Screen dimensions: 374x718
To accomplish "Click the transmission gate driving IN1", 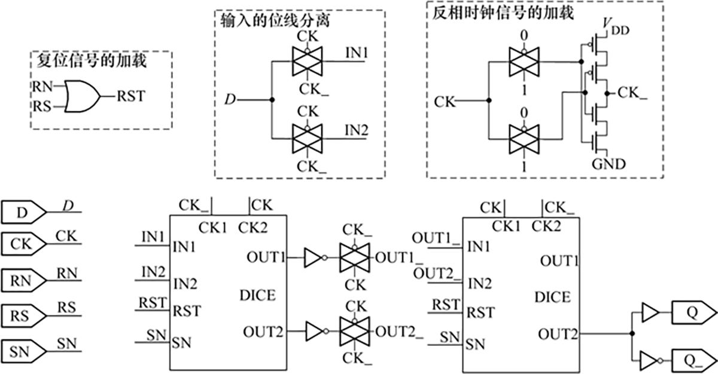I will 306,62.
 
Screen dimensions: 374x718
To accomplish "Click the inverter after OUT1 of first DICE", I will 314,258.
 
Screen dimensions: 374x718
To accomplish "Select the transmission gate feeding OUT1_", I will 355,258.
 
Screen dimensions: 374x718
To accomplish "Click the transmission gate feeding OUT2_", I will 355,330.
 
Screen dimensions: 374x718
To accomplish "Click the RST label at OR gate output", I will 130,96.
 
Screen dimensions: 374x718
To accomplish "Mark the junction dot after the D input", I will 272,99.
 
